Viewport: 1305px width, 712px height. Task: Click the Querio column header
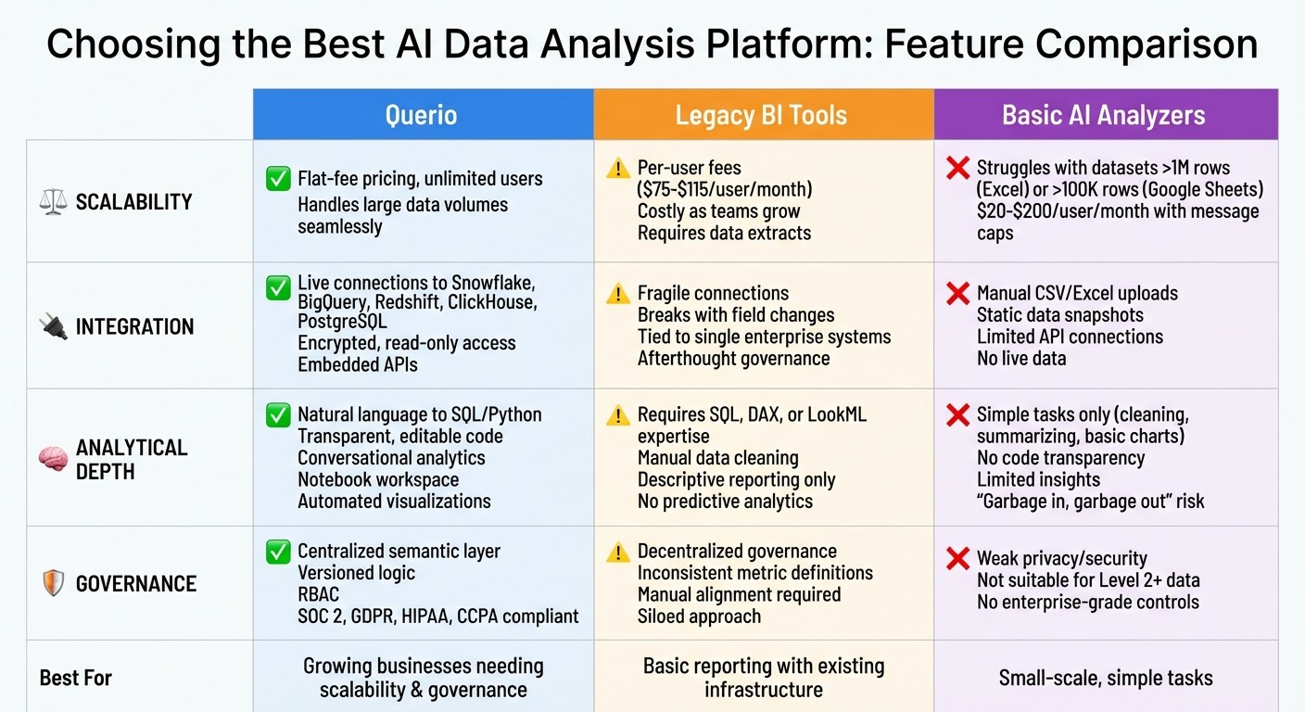(x=422, y=115)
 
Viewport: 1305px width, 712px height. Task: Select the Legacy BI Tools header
(x=761, y=115)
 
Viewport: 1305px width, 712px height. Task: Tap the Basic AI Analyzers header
(x=1103, y=115)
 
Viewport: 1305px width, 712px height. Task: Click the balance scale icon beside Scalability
(x=54, y=201)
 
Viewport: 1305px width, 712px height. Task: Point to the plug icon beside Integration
(x=54, y=326)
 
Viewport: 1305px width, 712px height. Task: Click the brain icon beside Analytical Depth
(x=54, y=459)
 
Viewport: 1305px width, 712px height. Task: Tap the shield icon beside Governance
(x=54, y=583)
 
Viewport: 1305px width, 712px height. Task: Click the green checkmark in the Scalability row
(x=278, y=179)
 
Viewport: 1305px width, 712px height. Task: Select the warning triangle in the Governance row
(x=618, y=553)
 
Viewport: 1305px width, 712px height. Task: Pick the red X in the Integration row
(x=957, y=294)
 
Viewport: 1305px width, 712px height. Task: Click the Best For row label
(x=75, y=678)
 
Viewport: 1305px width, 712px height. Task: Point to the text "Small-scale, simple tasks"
(x=1105, y=678)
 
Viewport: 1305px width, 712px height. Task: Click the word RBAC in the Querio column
(x=318, y=594)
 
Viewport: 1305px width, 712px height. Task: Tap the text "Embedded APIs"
(x=357, y=364)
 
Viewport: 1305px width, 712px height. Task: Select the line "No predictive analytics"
(x=725, y=502)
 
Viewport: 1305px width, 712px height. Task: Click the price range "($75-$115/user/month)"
(x=725, y=189)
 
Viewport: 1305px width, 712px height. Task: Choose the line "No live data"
(x=1020, y=358)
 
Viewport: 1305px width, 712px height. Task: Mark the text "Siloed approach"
(x=699, y=617)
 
